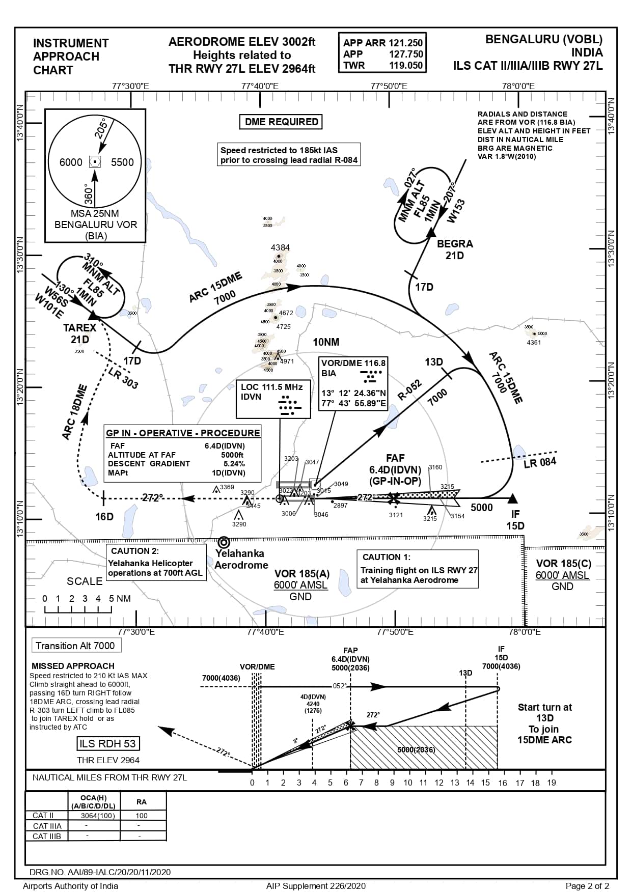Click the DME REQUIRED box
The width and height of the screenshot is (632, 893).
tap(281, 122)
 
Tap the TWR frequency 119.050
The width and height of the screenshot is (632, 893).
tap(406, 65)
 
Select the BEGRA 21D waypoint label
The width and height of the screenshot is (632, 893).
tap(455, 249)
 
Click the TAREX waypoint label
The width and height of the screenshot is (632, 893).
tap(80, 327)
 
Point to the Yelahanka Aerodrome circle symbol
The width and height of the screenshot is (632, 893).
tap(224, 542)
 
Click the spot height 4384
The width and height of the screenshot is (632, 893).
tap(280, 247)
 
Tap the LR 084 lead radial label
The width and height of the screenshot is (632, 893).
tap(540, 462)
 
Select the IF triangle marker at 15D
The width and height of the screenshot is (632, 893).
tap(513, 498)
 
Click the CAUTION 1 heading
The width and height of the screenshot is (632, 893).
tap(386, 557)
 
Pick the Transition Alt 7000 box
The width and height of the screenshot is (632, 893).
tap(75, 646)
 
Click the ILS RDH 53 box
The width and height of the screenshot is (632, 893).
tap(108, 743)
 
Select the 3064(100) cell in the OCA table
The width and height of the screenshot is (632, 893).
tap(98, 816)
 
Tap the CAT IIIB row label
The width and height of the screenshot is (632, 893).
tap(47, 836)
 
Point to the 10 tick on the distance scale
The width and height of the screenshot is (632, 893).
tap(408, 783)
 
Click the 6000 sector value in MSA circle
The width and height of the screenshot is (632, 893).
tap(71, 162)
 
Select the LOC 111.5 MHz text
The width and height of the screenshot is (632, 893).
tap(272, 387)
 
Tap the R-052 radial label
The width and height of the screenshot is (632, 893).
tap(409, 390)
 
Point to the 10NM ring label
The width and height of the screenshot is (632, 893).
tap(326, 342)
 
